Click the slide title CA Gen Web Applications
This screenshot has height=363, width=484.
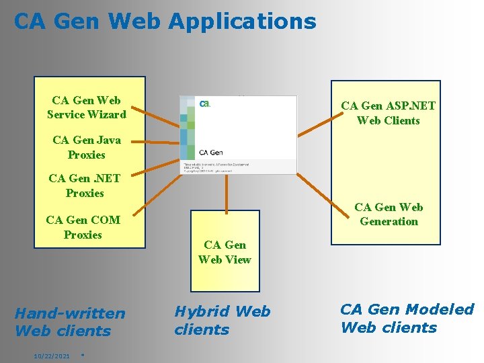click(x=165, y=22)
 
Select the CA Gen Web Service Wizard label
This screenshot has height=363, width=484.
click(x=87, y=108)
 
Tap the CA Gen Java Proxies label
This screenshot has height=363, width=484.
click(x=87, y=147)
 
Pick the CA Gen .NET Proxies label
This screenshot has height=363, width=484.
click(x=85, y=186)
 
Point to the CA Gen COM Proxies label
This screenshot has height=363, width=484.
click(x=83, y=227)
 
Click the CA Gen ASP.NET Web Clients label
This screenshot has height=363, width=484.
click(x=388, y=113)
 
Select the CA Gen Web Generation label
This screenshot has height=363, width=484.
click(x=389, y=214)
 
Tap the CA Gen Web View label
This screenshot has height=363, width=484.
click(x=225, y=252)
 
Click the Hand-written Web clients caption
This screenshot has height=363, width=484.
click(x=69, y=322)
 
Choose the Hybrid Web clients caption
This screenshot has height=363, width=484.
click(x=222, y=320)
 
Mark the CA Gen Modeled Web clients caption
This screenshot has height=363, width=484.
click(x=407, y=318)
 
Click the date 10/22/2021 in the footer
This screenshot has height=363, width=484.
click(x=52, y=355)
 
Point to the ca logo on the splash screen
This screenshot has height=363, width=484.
click(x=205, y=104)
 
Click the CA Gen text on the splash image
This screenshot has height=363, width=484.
click(x=212, y=153)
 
